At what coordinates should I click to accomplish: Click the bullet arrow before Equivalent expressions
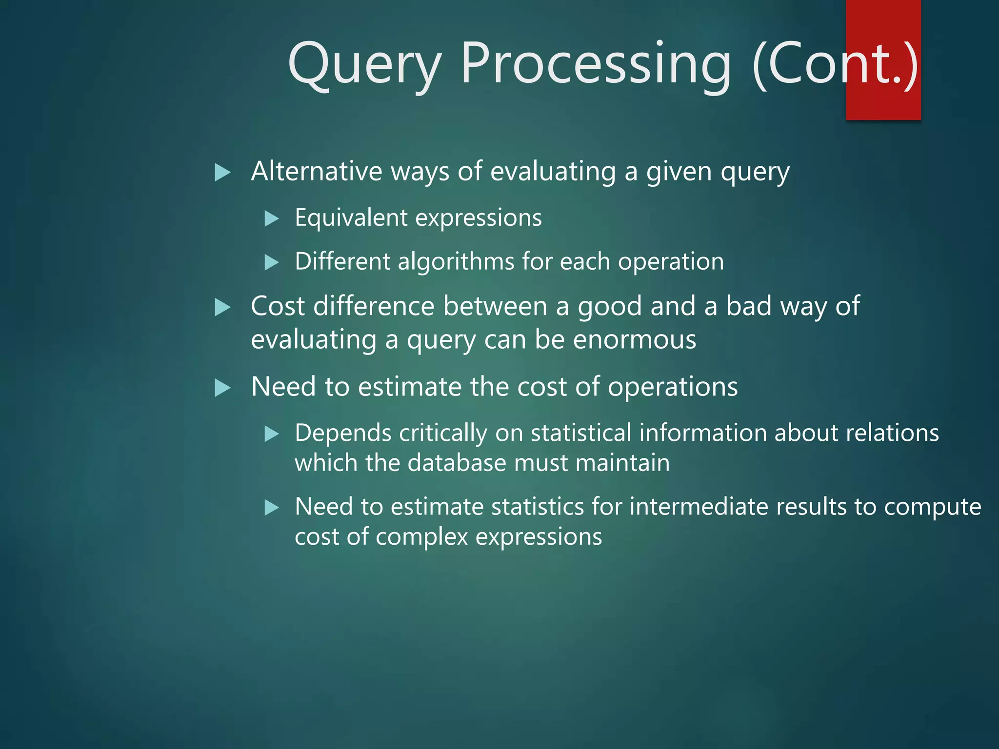click(x=271, y=218)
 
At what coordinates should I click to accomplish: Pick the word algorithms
click(x=456, y=262)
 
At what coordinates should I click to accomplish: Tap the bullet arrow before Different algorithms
click(x=271, y=262)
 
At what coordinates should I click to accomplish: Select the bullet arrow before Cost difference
click(x=222, y=307)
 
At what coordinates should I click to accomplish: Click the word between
click(x=496, y=306)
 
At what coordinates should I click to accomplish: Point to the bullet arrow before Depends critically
click(x=271, y=434)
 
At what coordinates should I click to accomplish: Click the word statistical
click(x=581, y=433)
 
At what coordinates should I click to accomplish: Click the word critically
click(x=443, y=433)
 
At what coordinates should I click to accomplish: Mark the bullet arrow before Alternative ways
click(x=222, y=172)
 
